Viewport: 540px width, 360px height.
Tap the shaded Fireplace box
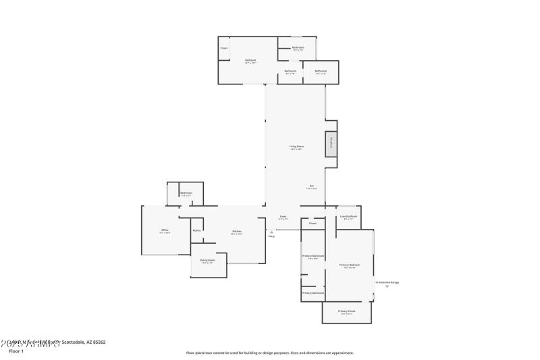coord(331,144)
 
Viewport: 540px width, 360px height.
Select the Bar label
coord(311,186)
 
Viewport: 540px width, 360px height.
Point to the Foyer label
coord(283,217)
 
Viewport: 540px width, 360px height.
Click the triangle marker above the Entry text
coord(271,231)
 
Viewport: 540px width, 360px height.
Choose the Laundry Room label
coord(348,217)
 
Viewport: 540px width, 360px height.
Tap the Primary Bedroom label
coord(349,265)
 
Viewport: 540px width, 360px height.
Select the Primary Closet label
coord(347,311)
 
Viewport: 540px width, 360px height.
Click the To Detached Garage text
coord(387,282)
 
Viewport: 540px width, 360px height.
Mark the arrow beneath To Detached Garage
coord(387,287)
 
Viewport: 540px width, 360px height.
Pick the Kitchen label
coord(236,232)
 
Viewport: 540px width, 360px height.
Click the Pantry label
coord(196,230)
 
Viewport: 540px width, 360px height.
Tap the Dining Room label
coord(207,261)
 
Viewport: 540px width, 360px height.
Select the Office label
coord(164,231)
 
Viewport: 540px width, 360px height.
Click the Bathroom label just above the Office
coord(186,193)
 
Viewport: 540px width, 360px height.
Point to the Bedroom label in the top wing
coord(250,61)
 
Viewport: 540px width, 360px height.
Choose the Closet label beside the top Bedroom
coord(224,48)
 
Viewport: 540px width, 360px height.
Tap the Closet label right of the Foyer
coord(313,223)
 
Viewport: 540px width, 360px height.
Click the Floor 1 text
coord(16,351)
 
